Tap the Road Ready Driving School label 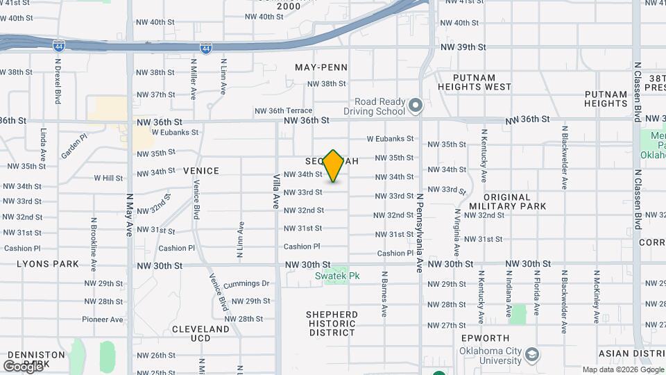tap(375, 106)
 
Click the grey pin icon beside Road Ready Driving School tap(416, 106)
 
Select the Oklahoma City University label tap(484, 356)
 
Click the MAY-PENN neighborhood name tap(321, 67)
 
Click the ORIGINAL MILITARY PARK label tap(506, 201)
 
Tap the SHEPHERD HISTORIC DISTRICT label tap(332, 324)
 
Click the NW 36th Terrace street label tap(283, 111)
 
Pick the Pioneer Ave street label tap(102, 319)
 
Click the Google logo tap(24, 365)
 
